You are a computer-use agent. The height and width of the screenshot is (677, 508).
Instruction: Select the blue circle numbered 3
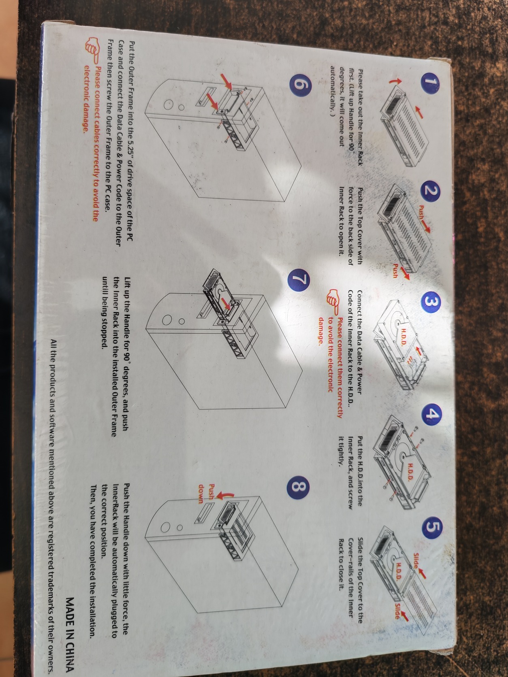[431, 302]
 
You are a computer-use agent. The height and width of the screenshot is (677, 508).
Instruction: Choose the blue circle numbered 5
[432, 528]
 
